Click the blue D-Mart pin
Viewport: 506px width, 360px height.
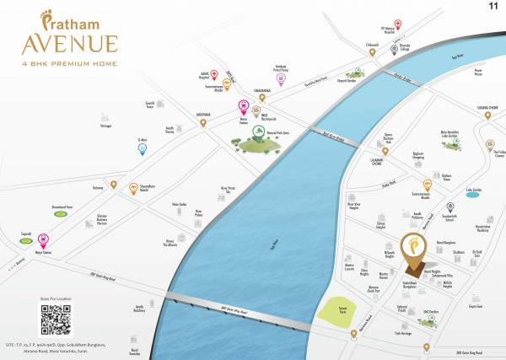(143, 149)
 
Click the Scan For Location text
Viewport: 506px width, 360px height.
(56, 298)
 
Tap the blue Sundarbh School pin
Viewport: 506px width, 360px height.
(449, 207)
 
